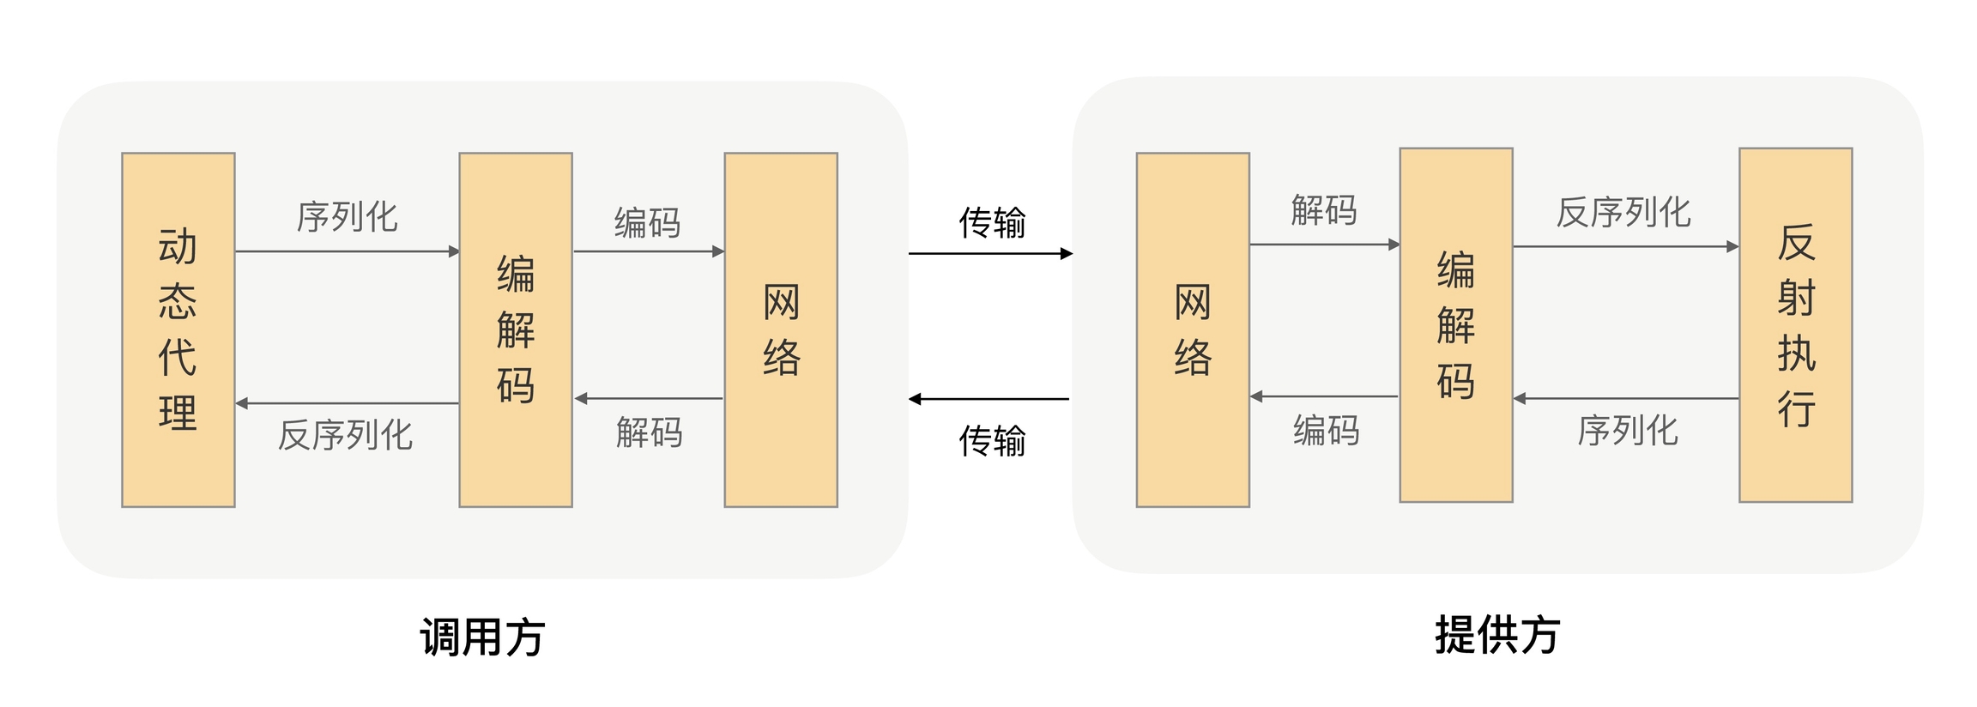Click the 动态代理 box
tap(178, 329)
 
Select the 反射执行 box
tap(1795, 324)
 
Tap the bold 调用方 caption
tap(482, 637)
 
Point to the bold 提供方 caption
tap(1497, 635)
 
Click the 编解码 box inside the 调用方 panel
tap(516, 329)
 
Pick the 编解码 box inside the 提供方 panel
tap(1456, 324)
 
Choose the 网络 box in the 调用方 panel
tap(781, 329)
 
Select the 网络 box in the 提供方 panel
tap(1193, 329)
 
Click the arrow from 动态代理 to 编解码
tap(347, 251)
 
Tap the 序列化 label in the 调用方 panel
tap(348, 217)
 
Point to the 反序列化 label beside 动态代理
tap(346, 435)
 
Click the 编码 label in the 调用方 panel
tap(648, 223)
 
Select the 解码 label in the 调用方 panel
tap(650, 432)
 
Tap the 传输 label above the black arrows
tap(992, 223)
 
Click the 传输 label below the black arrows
tap(992, 441)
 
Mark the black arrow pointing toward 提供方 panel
tap(990, 254)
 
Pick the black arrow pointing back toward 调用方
tap(988, 399)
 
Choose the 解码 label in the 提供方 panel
tap(1324, 210)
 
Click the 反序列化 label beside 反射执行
tap(1623, 212)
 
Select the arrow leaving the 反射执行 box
tap(1626, 398)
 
